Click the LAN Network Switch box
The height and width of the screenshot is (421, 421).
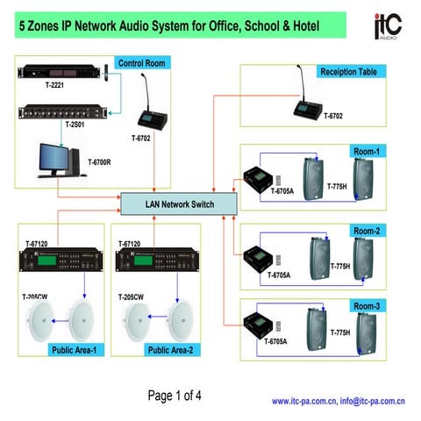click(x=179, y=203)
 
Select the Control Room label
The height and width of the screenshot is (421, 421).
click(x=142, y=63)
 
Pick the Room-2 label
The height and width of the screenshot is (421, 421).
click(x=367, y=231)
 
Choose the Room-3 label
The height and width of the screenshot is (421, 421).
click(x=367, y=306)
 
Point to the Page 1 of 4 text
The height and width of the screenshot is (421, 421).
click(x=175, y=395)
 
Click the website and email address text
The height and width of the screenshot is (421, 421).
click(x=337, y=401)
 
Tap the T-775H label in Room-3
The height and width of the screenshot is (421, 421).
click(x=340, y=332)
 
